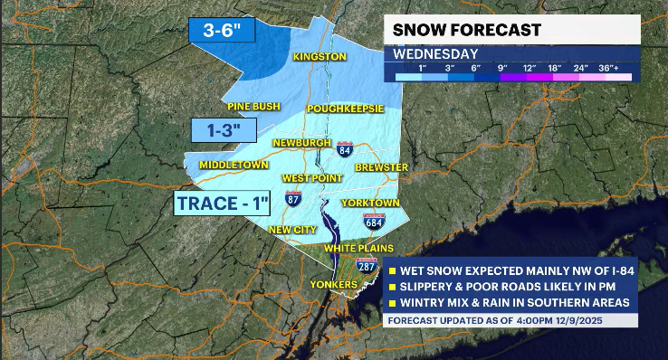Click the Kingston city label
(320, 57)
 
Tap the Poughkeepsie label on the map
(345, 109)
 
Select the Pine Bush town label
(252, 106)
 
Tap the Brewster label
(382, 167)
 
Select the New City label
(292, 230)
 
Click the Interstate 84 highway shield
(345, 149)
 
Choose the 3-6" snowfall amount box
(223, 30)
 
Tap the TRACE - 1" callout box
(222, 203)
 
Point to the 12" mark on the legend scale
(528, 68)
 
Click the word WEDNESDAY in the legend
(435, 53)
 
